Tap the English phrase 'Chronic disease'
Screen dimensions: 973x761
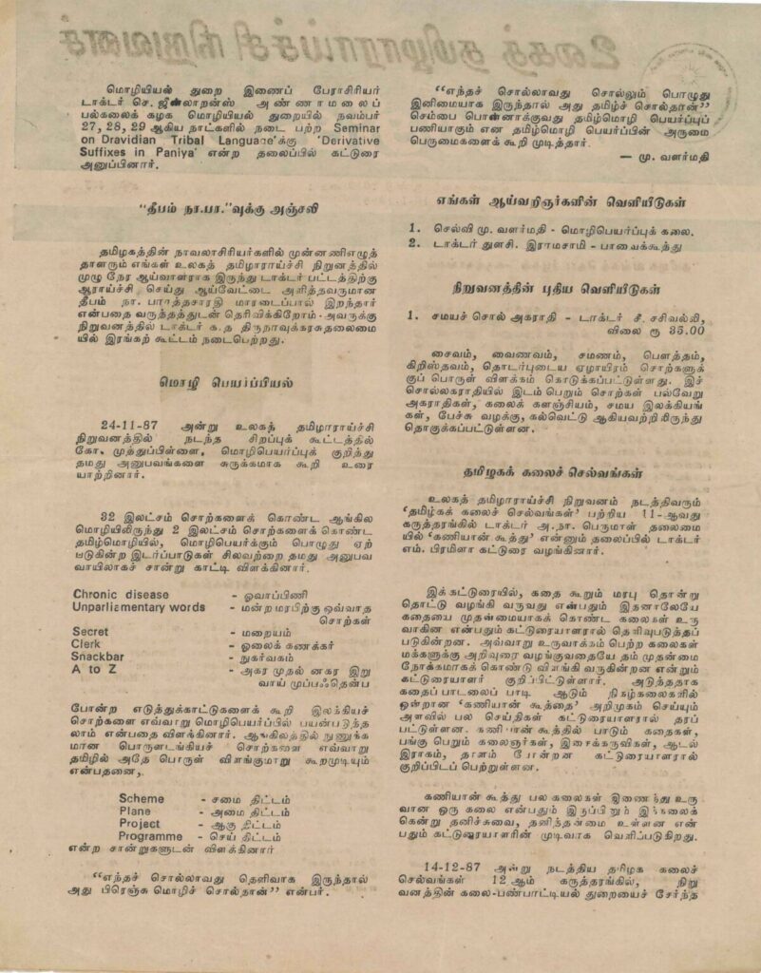tap(121, 594)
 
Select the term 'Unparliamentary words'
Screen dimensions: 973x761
tap(139, 606)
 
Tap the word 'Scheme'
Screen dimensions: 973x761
tap(141, 799)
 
